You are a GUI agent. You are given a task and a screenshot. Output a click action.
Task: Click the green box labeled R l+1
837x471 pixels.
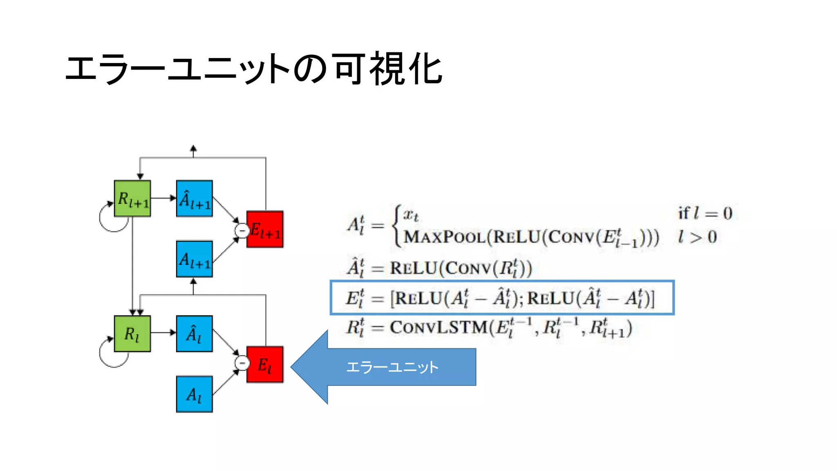point(132,198)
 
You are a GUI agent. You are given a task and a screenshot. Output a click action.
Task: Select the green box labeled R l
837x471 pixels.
point(132,334)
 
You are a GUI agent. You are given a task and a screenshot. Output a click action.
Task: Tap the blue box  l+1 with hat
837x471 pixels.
point(195,198)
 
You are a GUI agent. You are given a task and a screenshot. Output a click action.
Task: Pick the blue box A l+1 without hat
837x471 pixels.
point(195,259)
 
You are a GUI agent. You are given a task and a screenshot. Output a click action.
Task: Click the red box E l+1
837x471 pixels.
point(265,229)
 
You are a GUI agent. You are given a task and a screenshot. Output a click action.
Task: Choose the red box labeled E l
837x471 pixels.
point(265,365)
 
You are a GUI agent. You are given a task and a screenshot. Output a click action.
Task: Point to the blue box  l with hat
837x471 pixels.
point(195,334)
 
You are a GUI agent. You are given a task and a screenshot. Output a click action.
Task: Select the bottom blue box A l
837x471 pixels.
point(195,394)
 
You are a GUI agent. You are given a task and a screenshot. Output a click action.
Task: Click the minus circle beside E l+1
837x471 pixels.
point(242,231)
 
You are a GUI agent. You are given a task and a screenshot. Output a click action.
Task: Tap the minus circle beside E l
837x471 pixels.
point(242,363)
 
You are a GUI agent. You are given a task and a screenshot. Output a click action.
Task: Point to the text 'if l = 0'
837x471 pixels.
point(705,213)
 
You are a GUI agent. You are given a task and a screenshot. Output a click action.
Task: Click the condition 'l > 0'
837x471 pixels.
point(697,237)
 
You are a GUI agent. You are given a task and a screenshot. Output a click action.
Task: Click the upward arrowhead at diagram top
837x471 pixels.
point(193,148)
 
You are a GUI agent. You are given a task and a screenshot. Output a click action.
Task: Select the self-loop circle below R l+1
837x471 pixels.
point(112,219)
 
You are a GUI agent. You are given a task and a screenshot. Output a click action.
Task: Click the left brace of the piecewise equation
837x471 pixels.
point(396,225)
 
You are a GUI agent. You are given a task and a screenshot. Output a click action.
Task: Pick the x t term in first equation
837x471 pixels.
point(411,215)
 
